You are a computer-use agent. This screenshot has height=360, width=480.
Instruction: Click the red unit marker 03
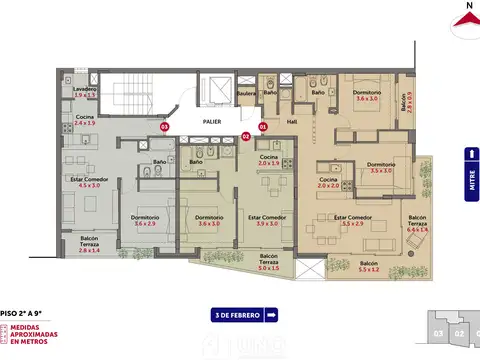[x=164, y=128]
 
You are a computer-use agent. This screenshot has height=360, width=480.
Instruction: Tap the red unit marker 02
[x=245, y=137]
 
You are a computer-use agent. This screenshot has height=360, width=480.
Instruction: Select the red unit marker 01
[x=264, y=128]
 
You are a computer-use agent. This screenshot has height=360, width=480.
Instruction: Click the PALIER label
[x=211, y=121]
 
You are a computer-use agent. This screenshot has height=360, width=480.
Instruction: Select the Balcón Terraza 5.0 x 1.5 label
[x=268, y=263]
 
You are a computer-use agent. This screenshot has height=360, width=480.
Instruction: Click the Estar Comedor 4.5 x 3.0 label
[x=91, y=181]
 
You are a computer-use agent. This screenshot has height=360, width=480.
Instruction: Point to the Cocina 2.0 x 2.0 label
[x=329, y=183]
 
